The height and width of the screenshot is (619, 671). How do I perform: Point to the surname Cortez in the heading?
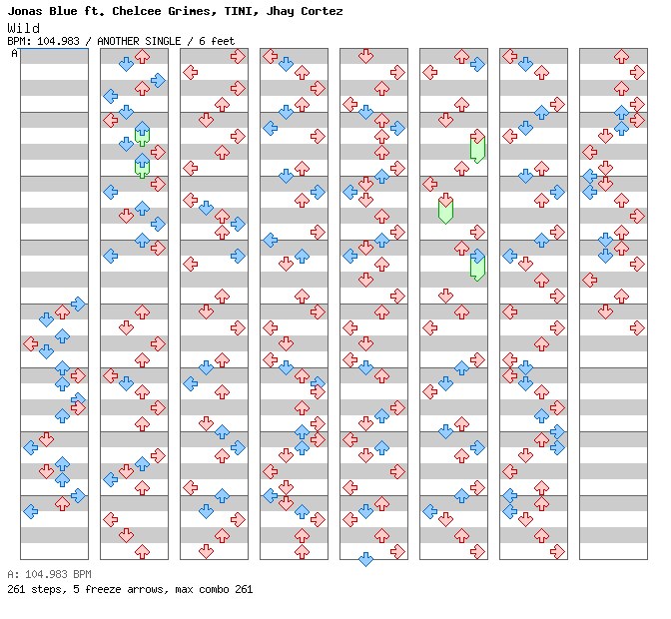point(320,11)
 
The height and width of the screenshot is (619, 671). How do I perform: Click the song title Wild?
point(23,28)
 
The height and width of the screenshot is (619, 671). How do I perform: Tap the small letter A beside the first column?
point(14,53)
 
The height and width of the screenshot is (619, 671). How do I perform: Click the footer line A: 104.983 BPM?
point(49,575)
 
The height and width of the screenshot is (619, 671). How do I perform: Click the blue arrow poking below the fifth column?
point(365,559)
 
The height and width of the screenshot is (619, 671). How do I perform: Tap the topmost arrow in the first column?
point(78,304)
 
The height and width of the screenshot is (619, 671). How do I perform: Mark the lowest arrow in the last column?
point(605,311)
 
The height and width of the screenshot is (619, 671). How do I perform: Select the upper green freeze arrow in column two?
point(142,136)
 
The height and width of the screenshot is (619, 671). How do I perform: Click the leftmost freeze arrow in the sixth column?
point(445,209)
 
